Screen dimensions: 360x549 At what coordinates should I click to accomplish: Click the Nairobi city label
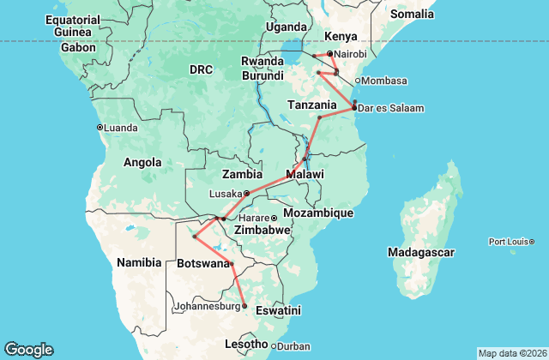click(x=349, y=53)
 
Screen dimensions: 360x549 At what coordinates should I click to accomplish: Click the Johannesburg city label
click(x=206, y=306)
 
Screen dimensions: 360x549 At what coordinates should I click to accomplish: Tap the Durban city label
click(x=294, y=346)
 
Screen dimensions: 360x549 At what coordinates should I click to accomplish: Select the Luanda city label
click(x=121, y=128)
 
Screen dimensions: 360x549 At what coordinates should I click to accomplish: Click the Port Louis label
click(x=511, y=242)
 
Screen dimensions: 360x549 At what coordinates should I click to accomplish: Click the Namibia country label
click(x=140, y=261)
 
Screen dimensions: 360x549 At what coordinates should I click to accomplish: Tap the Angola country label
click(x=142, y=162)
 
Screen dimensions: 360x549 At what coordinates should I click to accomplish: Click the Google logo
click(x=28, y=350)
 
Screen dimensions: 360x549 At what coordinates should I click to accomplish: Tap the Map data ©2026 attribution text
click(x=511, y=354)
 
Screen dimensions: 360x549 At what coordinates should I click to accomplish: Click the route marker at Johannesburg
click(x=244, y=306)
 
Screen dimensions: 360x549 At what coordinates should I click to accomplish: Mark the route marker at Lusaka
click(x=246, y=193)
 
